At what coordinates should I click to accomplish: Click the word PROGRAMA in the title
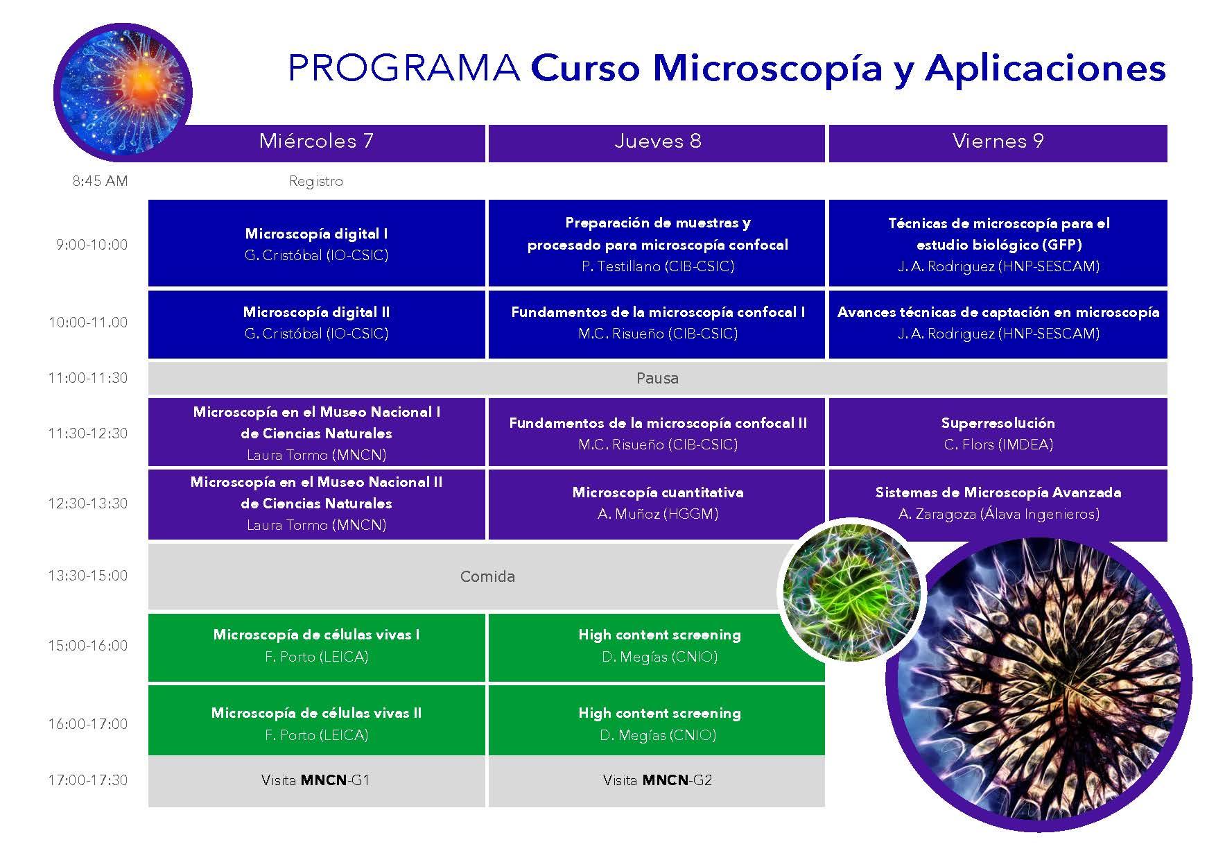pos(403,68)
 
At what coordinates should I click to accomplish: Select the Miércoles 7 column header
pos(317,143)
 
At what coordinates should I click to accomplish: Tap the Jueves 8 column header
pos(657,143)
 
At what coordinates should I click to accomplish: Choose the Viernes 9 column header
pos(998,143)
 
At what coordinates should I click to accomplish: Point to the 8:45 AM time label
pos(101,181)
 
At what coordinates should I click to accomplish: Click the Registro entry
pos(316,182)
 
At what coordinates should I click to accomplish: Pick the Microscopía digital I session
pos(317,243)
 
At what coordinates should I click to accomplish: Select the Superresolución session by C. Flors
pos(998,432)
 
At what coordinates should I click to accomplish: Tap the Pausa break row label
pos(657,379)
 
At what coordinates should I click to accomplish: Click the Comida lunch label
pos(487,577)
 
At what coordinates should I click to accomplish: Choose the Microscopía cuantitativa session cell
pos(657,504)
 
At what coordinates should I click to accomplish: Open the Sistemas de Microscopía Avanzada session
pos(998,504)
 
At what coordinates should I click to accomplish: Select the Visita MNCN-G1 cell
pos(317,781)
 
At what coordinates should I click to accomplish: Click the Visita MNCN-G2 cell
pos(657,781)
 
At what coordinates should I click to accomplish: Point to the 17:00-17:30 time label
pos(88,780)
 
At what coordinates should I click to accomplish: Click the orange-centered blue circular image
pos(123,92)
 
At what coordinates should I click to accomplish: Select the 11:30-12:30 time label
pos(88,433)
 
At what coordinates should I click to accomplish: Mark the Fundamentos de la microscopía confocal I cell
pos(657,324)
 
